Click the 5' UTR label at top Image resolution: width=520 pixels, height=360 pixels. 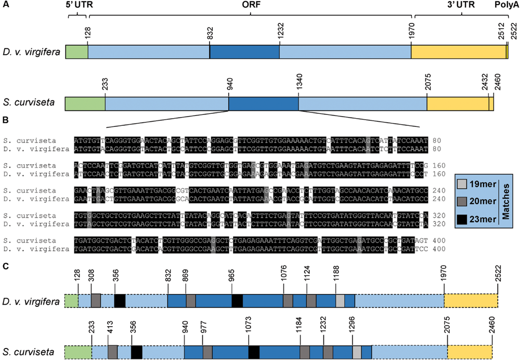(x=77, y=5)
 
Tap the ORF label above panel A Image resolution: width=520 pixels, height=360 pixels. (x=250, y=5)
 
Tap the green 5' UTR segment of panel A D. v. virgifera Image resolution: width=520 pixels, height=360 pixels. (x=76, y=52)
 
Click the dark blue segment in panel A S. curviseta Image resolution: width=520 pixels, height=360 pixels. (x=264, y=103)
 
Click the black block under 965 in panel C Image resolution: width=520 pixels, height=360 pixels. (x=237, y=301)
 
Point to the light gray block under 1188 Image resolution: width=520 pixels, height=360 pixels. (x=340, y=301)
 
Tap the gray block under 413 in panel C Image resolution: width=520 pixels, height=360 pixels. (x=112, y=352)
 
